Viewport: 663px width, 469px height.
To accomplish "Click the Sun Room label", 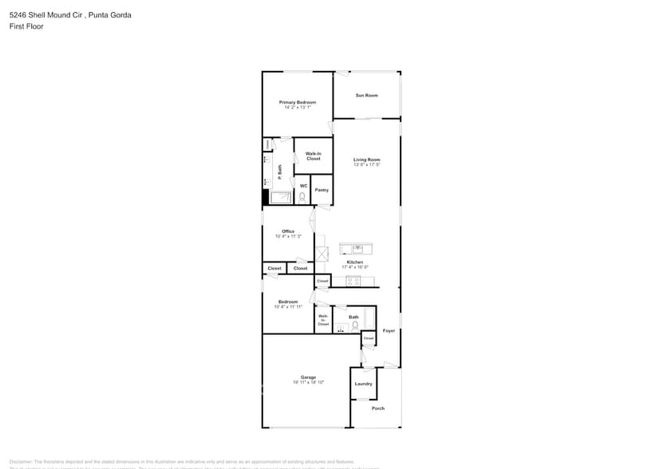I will tap(366, 96).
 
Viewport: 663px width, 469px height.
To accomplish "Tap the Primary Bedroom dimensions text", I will tap(297, 108).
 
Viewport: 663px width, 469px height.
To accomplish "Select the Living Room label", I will tap(366, 160).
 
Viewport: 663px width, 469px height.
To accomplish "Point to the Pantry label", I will tap(322, 190).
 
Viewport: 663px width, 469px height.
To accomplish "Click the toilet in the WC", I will tap(302, 195).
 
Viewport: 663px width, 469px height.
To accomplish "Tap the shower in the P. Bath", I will tap(281, 198).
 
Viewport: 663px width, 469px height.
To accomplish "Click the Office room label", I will tap(288, 231).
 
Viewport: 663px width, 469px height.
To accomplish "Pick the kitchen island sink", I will tap(357, 248).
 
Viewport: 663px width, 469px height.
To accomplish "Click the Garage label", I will tap(308, 377).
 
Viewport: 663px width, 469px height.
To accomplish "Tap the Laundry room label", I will tap(363, 384).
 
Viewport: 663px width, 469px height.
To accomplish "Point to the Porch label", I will tap(378, 408).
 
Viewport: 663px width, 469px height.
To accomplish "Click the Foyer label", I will tap(389, 330).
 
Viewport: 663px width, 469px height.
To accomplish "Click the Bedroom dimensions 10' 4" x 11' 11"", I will tap(288, 306).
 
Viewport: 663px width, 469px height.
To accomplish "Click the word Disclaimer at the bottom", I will tap(21, 462).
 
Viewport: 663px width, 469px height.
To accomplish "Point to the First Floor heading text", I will tap(27, 26).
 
